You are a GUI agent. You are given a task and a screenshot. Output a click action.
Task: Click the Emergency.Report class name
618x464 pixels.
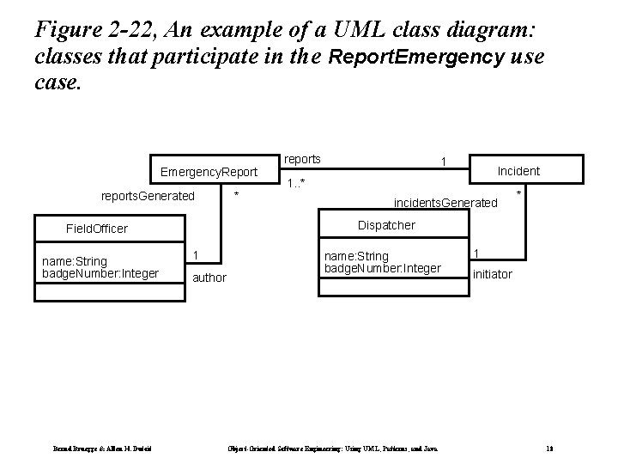209,172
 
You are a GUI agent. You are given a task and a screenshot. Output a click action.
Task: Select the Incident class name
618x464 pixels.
518,171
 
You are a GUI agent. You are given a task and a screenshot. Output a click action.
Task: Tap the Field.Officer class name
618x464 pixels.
97,229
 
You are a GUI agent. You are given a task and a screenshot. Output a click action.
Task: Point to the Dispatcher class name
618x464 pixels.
385,225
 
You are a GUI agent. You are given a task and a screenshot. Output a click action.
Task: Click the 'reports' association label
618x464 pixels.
302,159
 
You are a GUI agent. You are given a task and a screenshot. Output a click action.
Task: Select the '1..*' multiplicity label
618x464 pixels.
297,183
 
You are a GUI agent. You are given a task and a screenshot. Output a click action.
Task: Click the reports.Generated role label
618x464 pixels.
148,197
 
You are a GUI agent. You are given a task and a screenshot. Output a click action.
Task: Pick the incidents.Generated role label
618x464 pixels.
445,203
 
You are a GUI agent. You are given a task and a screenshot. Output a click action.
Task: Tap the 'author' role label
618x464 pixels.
209,278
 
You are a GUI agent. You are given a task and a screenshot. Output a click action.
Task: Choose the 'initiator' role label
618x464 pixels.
493,274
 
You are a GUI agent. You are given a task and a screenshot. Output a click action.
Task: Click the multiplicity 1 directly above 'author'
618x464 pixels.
197,255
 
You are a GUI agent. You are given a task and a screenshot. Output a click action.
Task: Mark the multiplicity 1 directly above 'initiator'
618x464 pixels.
477,253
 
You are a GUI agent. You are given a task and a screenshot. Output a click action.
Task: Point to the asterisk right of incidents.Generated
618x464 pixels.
518,197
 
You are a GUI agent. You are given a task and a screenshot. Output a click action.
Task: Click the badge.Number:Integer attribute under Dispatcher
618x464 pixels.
382,269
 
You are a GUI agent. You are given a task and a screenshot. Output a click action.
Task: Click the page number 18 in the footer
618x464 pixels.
548,449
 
